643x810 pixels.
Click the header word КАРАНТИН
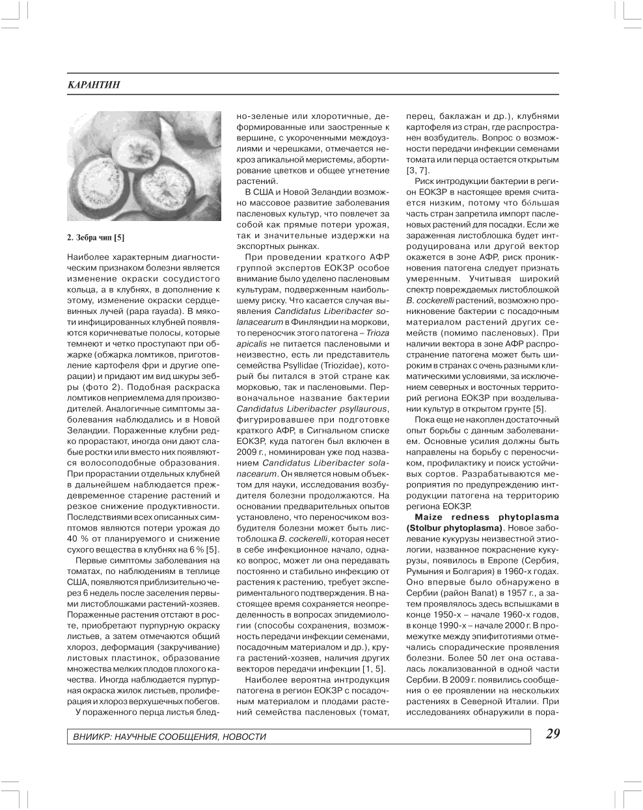click(94, 85)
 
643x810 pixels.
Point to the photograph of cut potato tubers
click(144, 166)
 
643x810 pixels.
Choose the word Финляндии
click(311, 321)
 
